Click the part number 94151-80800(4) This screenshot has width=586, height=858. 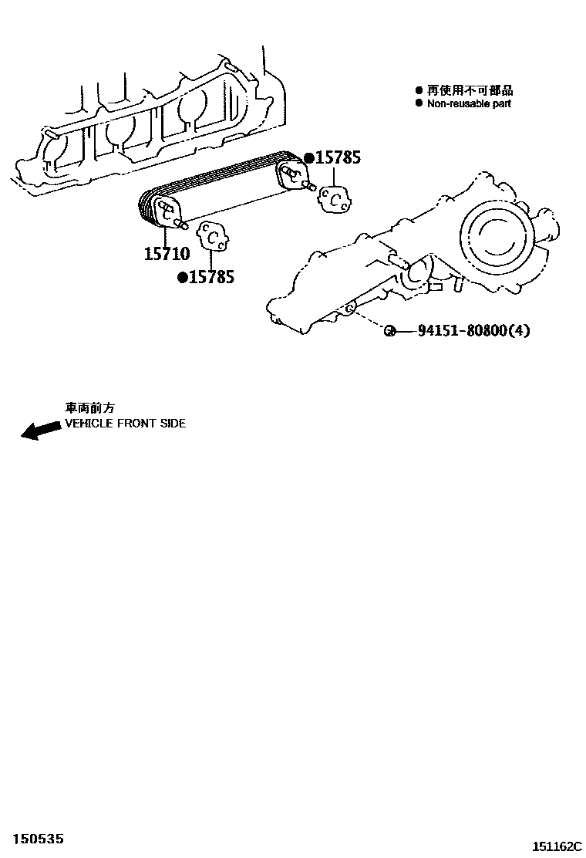(473, 331)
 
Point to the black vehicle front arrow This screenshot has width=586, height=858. (40, 430)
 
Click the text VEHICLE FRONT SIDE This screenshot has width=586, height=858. (125, 424)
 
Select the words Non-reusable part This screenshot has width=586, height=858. (469, 103)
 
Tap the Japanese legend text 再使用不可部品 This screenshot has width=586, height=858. (470, 90)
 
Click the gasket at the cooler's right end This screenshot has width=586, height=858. (336, 199)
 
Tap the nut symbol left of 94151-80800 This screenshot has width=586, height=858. (390, 331)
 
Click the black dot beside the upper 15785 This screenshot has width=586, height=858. (309, 159)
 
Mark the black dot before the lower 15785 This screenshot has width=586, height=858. (183, 278)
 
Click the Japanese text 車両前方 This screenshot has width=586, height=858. (89, 409)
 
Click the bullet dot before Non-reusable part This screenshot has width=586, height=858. (419, 103)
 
